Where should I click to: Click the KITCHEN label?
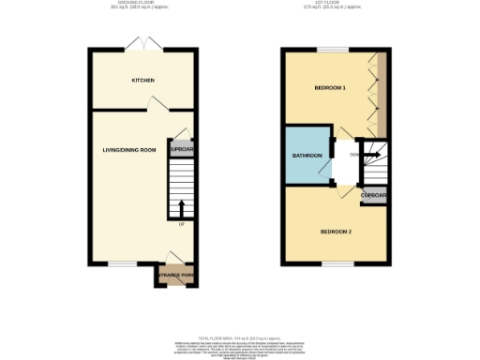[142, 81]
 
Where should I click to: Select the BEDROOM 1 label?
[329, 88]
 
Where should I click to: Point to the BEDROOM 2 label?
[335, 231]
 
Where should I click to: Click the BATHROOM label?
[307, 156]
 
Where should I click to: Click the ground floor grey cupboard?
[181, 149]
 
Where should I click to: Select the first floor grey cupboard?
[374, 195]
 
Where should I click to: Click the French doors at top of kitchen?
[144, 45]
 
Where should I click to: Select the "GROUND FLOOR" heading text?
[142, 4]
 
